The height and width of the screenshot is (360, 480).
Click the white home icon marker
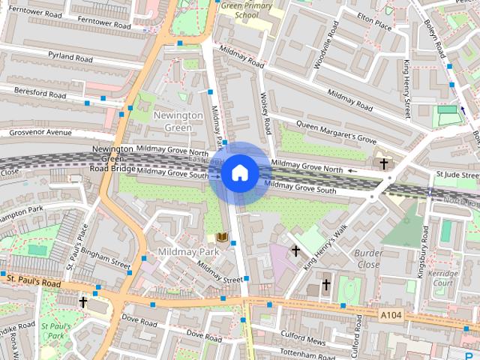239,172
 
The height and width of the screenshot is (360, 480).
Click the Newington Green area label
178,121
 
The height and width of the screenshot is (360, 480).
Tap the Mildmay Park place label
188,252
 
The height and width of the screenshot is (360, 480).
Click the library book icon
222,238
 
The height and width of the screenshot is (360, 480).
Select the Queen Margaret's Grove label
335,130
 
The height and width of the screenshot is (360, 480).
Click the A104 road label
391,316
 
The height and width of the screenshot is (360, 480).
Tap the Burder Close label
368,259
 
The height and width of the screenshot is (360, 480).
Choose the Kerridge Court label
443,278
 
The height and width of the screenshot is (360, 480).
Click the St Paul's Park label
53,331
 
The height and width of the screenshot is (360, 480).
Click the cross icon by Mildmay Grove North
383,163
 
